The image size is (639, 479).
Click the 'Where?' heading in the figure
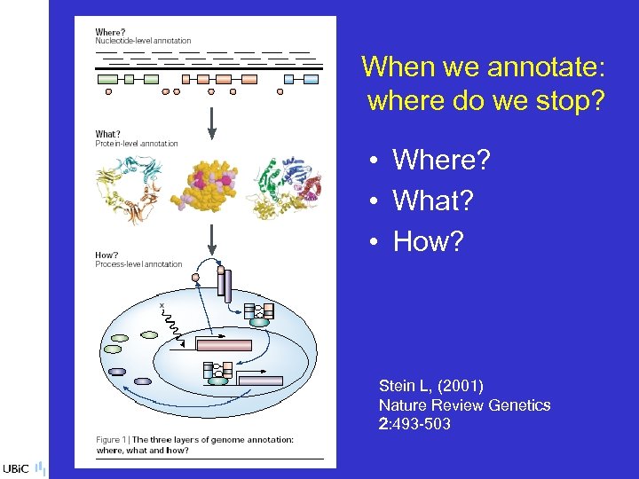(110, 33)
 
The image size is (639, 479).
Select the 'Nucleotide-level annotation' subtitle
(143, 41)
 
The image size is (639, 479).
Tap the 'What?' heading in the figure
(107, 135)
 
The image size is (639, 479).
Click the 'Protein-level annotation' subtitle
(137, 144)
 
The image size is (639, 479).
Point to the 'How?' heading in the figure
(106, 255)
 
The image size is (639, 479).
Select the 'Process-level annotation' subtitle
(138, 263)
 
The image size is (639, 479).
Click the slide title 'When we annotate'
(485, 67)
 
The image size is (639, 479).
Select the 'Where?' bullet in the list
(441, 161)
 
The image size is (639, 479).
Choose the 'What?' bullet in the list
(432, 200)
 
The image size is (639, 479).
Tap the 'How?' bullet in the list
(428, 240)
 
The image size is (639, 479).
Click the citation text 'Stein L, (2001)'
(430, 386)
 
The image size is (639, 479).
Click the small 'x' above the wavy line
(162, 304)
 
